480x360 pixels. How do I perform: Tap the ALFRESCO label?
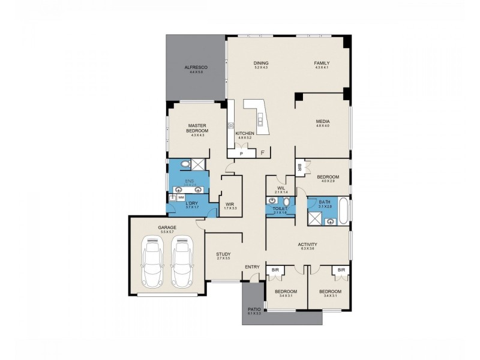pos(194,67)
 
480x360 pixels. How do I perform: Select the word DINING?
pos(260,63)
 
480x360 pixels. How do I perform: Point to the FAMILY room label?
pos(322,63)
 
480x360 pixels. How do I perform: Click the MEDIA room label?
pos(323,121)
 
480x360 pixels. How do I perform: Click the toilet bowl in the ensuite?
pos(185,164)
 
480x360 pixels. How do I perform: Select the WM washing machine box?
pos(181,197)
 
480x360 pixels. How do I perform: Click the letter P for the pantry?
pos(241,154)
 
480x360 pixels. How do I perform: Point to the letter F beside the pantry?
pos(262,154)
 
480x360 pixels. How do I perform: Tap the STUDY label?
pos(223,254)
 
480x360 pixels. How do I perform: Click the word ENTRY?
pos(251,267)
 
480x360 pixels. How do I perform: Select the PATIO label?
pos(253,310)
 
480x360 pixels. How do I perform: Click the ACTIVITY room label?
pos(307,244)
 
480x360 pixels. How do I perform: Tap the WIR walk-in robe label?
pos(230,204)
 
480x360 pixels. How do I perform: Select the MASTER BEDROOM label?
pos(197,128)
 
